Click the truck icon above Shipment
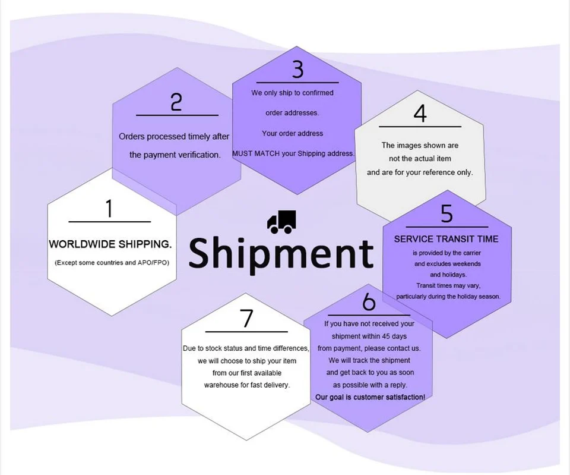pos(281,222)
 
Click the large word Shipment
pos(281,254)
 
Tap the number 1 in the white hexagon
pos(109,209)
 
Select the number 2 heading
pos(176,102)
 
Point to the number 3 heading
pos(297,69)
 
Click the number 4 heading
pos(420,114)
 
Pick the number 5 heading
pos(446,213)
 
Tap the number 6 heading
pos(369,302)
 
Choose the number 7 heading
pos(246,319)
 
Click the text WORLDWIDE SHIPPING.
pos(110,244)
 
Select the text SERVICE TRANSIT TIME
pos(446,239)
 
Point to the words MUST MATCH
pos(256,153)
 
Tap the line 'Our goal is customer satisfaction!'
pos(370,397)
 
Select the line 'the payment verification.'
pos(175,155)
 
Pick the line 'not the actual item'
pos(420,159)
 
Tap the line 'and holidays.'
pos(448,275)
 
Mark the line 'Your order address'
pos(293,134)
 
